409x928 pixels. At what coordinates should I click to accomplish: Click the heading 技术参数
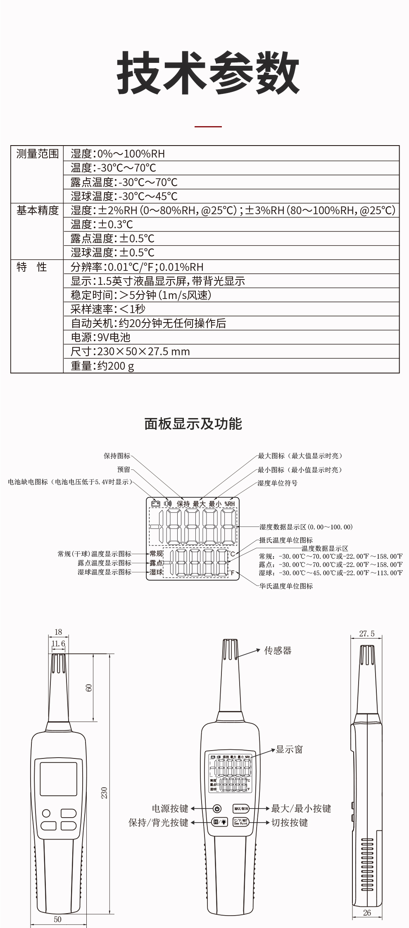pyautogui.click(x=208, y=74)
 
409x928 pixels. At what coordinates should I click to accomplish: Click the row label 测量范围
pyautogui.click(x=37, y=154)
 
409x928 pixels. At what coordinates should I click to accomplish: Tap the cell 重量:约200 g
pyautogui.click(x=102, y=366)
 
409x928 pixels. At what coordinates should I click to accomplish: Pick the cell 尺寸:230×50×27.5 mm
pyautogui.click(x=130, y=352)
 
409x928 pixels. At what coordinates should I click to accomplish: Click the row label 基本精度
pyautogui.click(x=37, y=210)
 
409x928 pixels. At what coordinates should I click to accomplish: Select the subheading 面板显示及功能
pyautogui.click(x=193, y=424)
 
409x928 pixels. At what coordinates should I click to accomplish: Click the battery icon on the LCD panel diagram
pyautogui.click(x=156, y=503)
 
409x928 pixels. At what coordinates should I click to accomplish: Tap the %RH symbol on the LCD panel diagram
pyautogui.click(x=230, y=504)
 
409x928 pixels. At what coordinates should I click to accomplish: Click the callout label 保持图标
pyautogui.click(x=117, y=456)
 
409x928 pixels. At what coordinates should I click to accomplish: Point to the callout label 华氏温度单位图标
pyautogui.click(x=286, y=586)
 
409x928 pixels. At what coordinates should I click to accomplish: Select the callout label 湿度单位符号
pyautogui.click(x=277, y=483)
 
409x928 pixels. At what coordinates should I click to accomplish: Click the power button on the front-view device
pyautogui.click(x=217, y=808)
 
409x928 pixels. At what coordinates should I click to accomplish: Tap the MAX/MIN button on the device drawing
pyautogui.click(x=241, y=808)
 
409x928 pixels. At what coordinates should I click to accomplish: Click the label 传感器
pyautogui.click(x=278, y=651)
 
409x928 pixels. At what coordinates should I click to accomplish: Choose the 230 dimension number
pyautogui.click(x=104, y=792)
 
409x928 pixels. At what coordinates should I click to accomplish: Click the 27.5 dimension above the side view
pyautogui.click(x=366, y=634)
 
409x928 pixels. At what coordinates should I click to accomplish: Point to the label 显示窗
pyautogui.click(x=289, y=749)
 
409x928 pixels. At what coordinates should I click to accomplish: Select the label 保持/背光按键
pyautogui.click(x=158, y=823)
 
